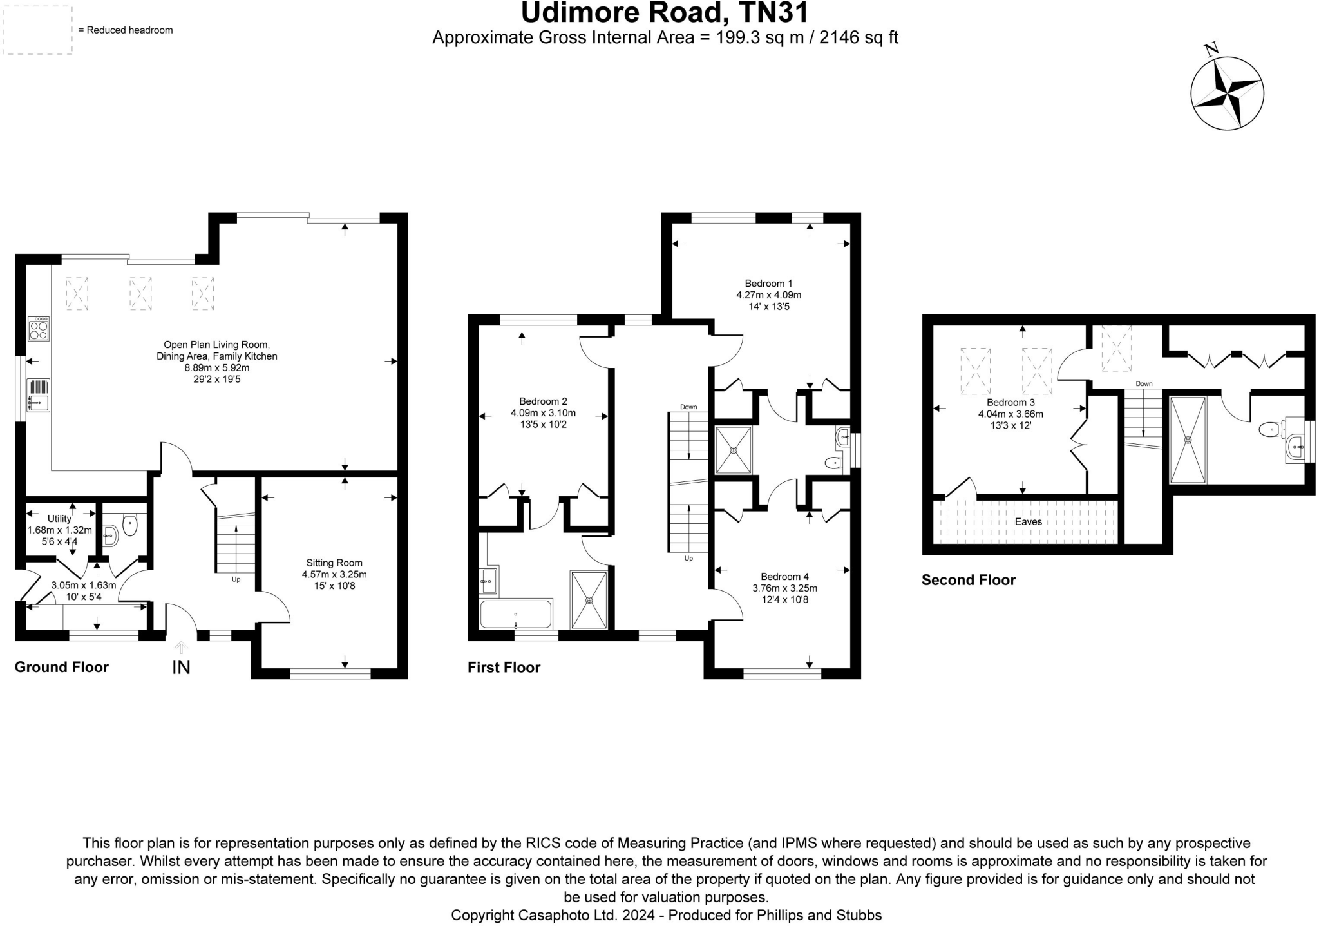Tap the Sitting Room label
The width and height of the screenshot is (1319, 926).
point(334,563)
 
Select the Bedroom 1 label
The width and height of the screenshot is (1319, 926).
point(768,283)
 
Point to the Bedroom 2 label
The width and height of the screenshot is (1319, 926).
point(543,401)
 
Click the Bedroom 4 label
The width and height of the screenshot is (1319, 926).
point(784,577)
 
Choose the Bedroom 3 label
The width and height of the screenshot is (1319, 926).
point(1011,403)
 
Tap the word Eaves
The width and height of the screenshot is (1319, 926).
point(1028,522)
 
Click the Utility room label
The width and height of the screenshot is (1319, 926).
point(59,519)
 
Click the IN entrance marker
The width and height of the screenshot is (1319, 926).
point(181,667)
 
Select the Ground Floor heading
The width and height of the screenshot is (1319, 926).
point(62,667)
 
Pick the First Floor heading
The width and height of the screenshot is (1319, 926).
point(504,667)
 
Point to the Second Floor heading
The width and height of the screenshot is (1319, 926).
point(968,580)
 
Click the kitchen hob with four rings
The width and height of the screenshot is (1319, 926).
point(39,329)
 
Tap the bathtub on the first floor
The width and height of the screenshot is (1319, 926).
point(516,614)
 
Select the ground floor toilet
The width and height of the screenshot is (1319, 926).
point(130,525)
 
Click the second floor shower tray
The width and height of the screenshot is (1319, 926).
point(1188,439)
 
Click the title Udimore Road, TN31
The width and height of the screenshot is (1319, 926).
point(665,13)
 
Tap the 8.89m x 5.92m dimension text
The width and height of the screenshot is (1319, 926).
point(216,368)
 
